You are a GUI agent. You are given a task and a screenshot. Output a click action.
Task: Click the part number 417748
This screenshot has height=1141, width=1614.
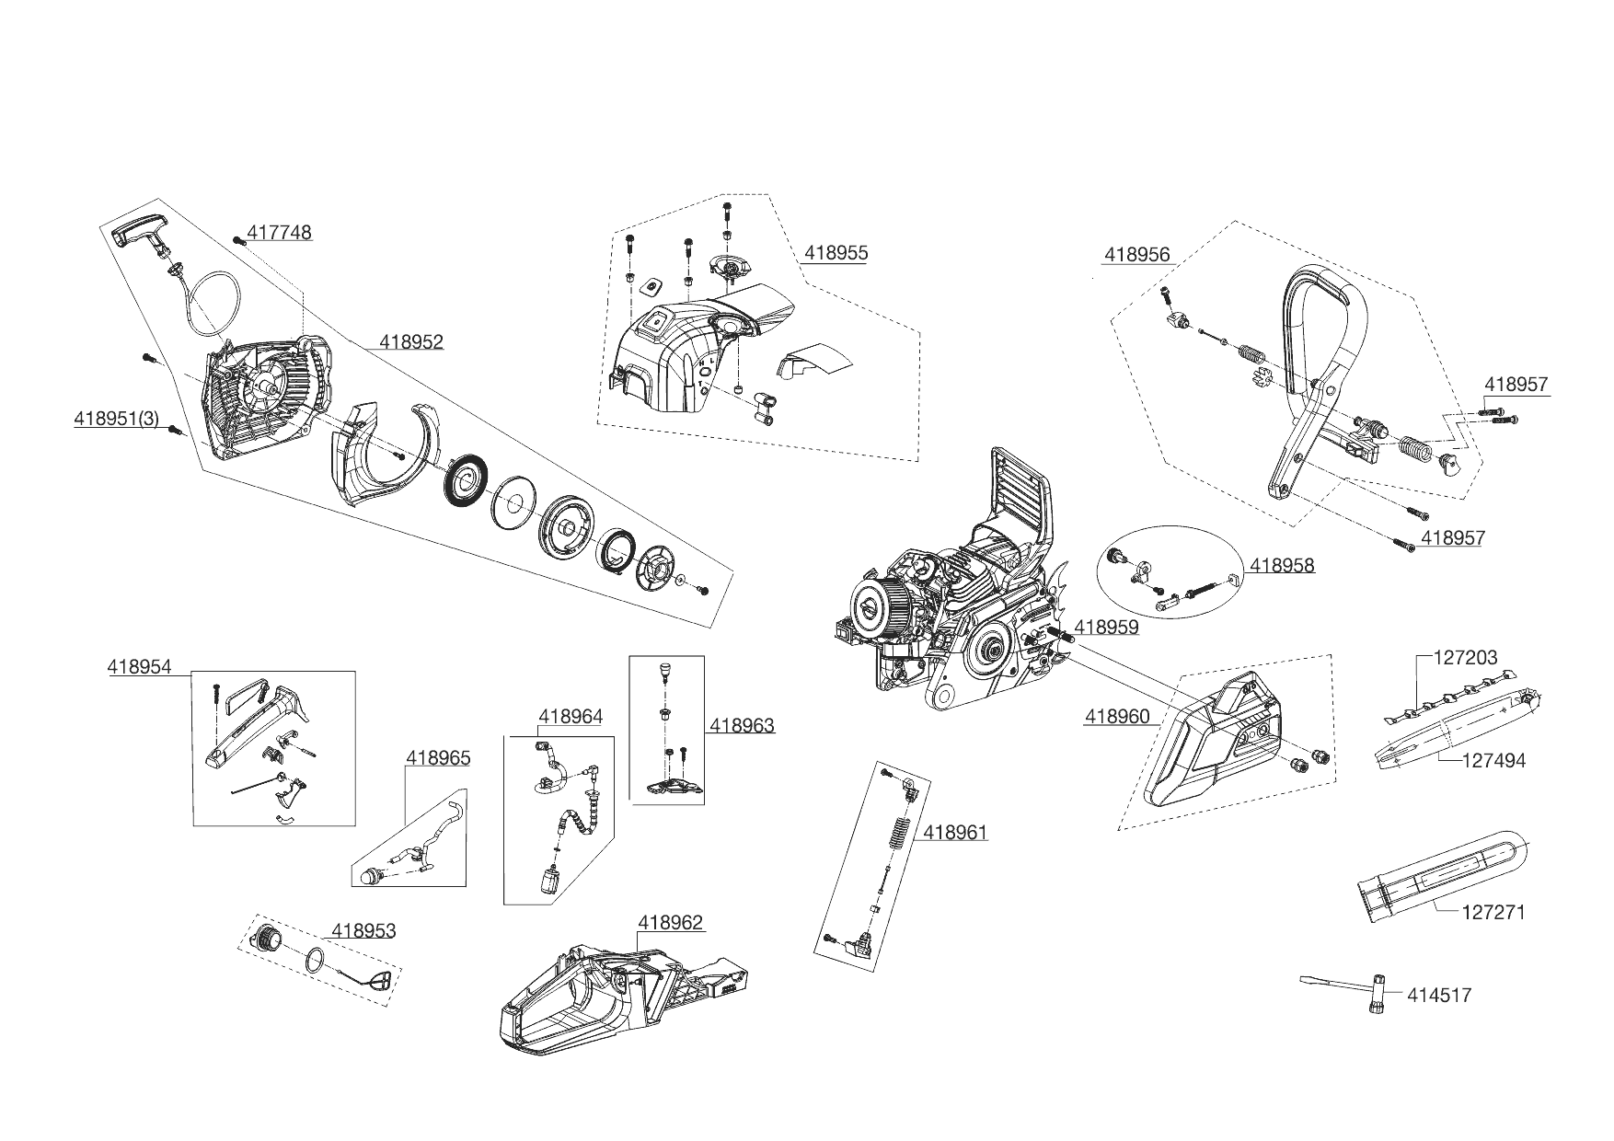click(280, 234)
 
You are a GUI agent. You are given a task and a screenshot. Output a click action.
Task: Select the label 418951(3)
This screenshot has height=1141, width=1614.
click(117, 419)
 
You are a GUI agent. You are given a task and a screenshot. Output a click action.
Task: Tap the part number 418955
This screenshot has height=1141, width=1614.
click(836, 253)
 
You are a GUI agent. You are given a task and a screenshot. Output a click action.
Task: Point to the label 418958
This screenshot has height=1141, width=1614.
click(1282, 566)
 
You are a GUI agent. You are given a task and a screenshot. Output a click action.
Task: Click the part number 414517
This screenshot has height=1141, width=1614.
click(1439, 995)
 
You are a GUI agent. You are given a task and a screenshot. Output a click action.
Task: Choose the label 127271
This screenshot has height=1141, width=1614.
click(1493, 913)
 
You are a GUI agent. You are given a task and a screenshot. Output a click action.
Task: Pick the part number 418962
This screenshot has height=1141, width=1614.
click(670, 923)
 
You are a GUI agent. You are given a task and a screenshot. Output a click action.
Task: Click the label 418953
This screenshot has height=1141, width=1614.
click(363, 931)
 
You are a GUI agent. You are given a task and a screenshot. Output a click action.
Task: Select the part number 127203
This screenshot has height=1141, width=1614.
click(1466, 658)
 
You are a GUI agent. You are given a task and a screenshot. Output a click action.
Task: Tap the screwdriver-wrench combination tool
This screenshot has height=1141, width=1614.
click(1353, 990)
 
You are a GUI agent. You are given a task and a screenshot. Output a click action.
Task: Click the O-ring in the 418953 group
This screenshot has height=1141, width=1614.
click(316, 960)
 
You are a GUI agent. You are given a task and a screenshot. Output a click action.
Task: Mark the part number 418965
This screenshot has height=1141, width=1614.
click(438, 758)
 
